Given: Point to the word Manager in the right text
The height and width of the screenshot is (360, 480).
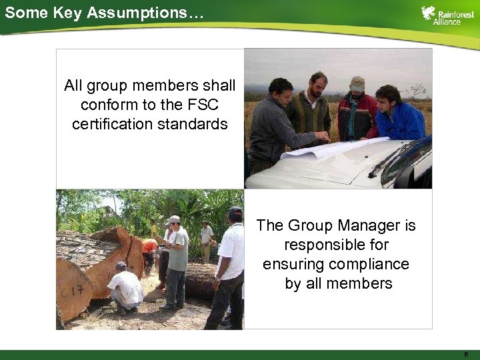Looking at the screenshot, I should (x=368, y=225).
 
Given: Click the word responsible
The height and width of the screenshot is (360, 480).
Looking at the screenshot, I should (x=336, y=245).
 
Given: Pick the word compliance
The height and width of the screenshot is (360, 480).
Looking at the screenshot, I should (x=373, y=264).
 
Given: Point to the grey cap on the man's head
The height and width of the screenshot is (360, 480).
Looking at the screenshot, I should (x=358, y=83).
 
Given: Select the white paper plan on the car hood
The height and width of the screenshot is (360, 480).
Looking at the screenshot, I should (x=333, y=147).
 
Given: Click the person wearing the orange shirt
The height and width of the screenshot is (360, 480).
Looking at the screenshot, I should (x=150, y=247).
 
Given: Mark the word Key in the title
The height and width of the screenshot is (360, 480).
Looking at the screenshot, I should (x=65, y=12).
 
